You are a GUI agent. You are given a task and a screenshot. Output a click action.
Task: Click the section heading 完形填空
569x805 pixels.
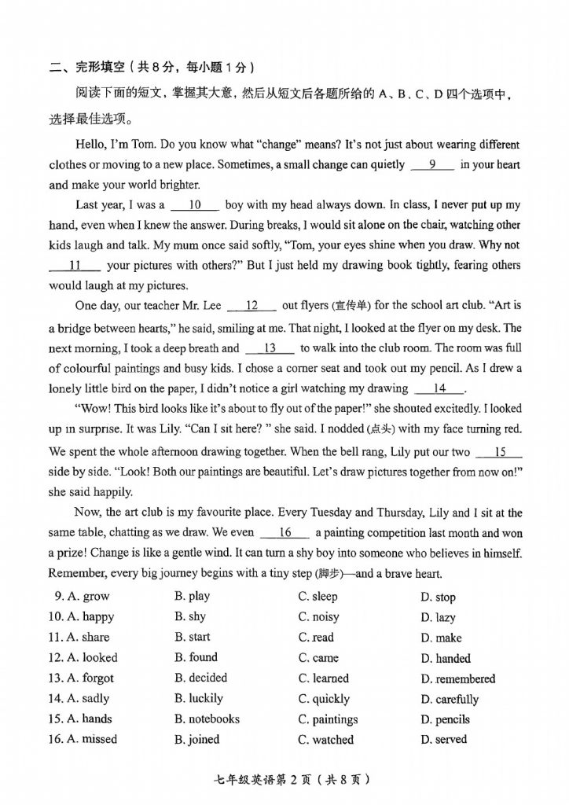coord(100,67)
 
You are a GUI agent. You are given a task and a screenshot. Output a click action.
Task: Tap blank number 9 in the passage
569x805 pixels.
coord(431,164)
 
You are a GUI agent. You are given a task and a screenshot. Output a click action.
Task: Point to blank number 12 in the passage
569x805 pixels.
coord(251,306)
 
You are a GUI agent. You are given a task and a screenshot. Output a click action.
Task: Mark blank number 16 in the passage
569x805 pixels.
coord(284,532)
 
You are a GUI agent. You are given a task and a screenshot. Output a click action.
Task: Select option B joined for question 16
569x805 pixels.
coord(197,739)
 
